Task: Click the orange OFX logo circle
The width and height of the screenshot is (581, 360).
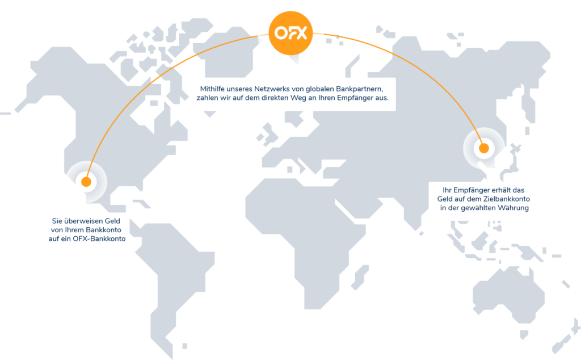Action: [290, 33]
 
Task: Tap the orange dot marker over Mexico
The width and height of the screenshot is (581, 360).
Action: [86, 182]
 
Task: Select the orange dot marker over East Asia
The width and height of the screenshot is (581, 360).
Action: [483, 149]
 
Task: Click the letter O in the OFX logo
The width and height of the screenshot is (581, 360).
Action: [279, 33]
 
